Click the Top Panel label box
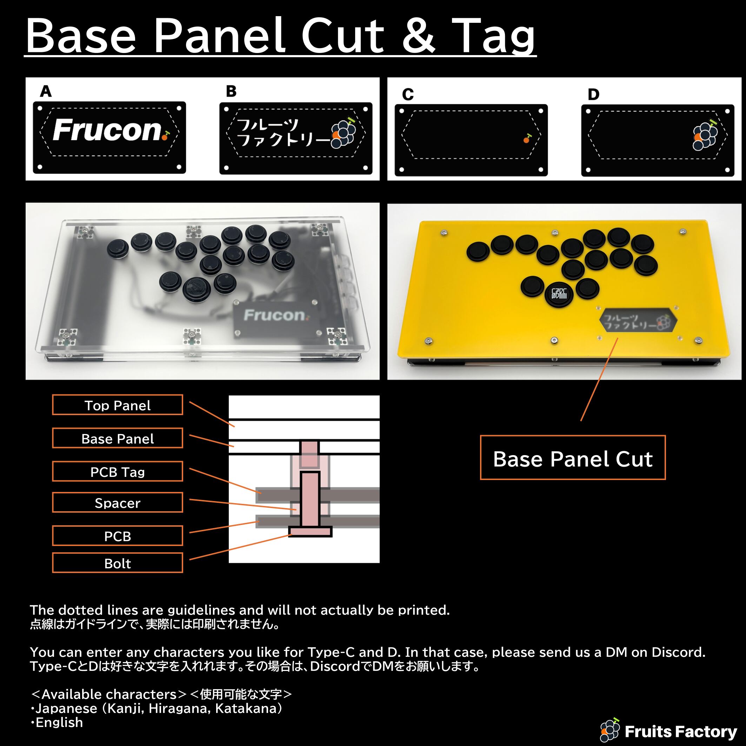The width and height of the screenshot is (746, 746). point(118,405)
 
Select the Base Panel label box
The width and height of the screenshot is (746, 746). point(118,438)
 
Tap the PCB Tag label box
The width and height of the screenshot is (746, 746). point(118,471)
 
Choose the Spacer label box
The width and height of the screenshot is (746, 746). point(118,502)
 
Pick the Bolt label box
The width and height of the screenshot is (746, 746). point(118,562)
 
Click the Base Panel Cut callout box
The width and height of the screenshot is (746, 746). point(573,458)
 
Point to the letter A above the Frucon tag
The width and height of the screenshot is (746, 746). point(46,92)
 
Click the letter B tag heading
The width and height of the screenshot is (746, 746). point(231,92)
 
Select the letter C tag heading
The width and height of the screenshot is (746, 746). point(408,95)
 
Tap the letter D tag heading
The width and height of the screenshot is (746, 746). point(593,95)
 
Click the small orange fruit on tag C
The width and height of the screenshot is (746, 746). point(527,139)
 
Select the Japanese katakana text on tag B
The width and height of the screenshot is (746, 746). point(284,132)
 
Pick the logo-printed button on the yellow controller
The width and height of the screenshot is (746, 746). point(559,295)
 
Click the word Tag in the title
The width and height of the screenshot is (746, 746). point(493,35)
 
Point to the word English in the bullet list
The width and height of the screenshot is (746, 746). point(59,722)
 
